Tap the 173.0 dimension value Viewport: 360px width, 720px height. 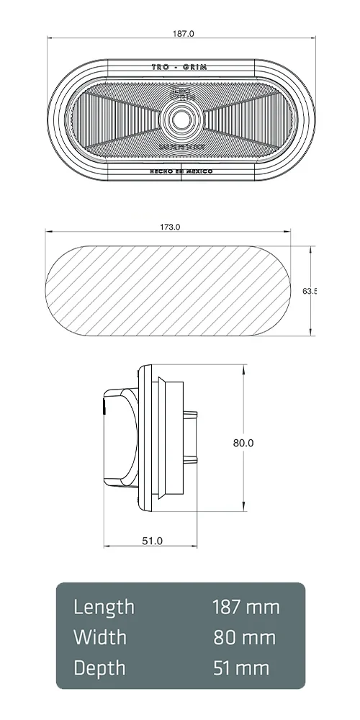click(169, 227)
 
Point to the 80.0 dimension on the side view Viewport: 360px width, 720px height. click(243, 443)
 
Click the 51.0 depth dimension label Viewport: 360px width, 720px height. click(152, 540)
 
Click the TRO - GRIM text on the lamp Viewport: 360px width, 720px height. click(179, 66)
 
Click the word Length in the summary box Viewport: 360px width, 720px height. click(104, 607)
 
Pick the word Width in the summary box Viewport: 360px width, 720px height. click(100, 637)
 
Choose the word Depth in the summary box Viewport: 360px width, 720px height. click(100, 668)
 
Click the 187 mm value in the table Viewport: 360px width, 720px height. click(246, 607)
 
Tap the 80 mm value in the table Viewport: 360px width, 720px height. click(245, 637)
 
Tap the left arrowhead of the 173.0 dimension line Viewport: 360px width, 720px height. click(48, 232)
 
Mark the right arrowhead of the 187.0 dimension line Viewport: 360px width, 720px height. click(312, 37)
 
